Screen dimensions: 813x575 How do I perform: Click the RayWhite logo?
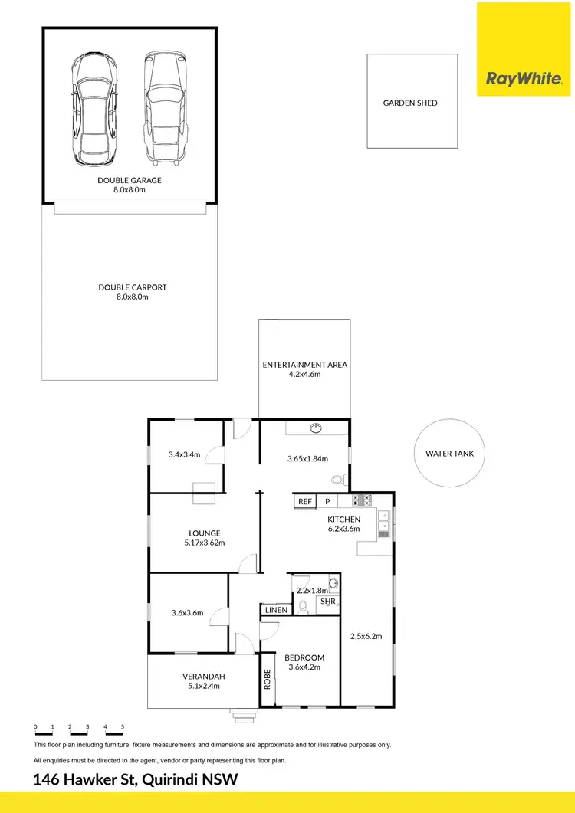coord(525,78)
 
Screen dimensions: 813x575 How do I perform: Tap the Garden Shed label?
coord(410,103)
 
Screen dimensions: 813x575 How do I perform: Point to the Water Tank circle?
coord(449,454)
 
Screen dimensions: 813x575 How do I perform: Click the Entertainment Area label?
coord(305,365)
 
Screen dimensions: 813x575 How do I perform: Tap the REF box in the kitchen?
coord(305,502)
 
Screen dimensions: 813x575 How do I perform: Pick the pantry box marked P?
coord(327,502)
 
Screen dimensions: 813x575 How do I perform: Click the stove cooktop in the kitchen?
coord(362,501)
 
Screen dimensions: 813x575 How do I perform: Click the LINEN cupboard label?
coord(276,610)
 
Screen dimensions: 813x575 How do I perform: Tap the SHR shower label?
coord(328,602)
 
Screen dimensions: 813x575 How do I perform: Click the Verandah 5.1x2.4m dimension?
coord(201,686)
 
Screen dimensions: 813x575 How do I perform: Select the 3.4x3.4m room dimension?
coord(184,454)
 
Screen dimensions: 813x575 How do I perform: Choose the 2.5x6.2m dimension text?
coord(366,636)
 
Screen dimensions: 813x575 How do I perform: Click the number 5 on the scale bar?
coord(122,726)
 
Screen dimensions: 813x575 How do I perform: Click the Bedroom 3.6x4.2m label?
coord(304,662)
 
